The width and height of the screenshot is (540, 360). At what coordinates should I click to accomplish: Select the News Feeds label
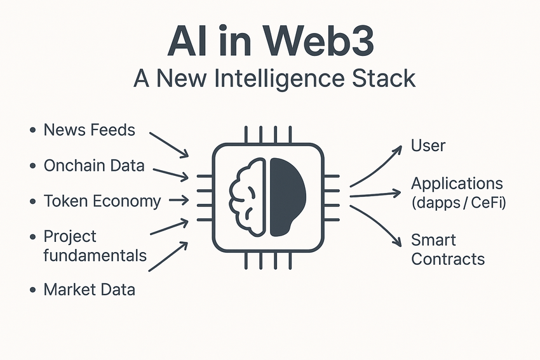click(89, 130)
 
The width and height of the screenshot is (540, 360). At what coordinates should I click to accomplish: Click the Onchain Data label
click(94, 166)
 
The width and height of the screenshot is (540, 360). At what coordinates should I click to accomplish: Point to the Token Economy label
click(102, 201)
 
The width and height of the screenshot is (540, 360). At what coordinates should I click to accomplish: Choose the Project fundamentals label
click(95, 246)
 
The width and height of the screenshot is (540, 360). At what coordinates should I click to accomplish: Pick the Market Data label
click(89, 290)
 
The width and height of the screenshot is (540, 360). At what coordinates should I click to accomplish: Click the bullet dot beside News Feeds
click(32, 131)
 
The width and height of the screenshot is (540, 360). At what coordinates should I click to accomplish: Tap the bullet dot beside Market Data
click(32, 291)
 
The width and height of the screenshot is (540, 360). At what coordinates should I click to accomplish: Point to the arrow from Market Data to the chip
click(168, 256)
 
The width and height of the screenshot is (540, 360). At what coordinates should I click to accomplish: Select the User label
click(428, 145)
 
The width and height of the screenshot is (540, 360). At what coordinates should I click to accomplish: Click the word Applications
click(457, 184)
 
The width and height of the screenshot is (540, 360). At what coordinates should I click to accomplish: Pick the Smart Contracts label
click(447, 250)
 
